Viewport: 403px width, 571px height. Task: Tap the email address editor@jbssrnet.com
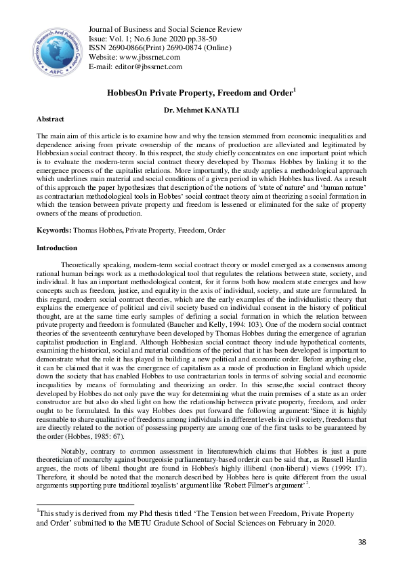[148, 66]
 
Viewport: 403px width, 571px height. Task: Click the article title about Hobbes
[182, 92]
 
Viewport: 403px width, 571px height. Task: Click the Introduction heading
[57, 248]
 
